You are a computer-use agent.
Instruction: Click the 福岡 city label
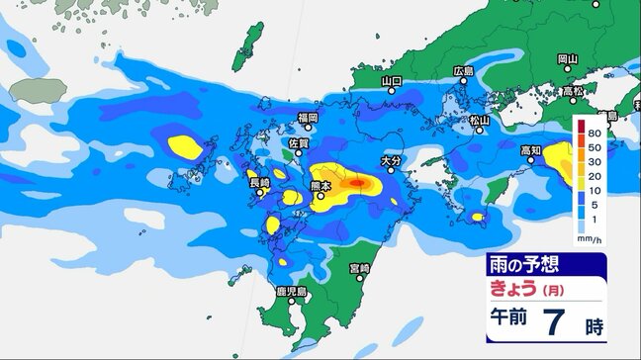[x=308, y=118]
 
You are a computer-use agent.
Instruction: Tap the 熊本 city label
[x=334, y=186]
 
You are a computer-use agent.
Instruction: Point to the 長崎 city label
[x=259, y=183]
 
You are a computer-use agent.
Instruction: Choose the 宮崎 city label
[x=358, y=269]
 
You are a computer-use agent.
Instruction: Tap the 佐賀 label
[x=298, y=143]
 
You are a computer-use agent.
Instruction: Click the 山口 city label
[x=393, y=79]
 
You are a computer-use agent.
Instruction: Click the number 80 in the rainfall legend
[x=595, y=132]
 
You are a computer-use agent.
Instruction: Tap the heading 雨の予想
[x=519, y=265]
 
